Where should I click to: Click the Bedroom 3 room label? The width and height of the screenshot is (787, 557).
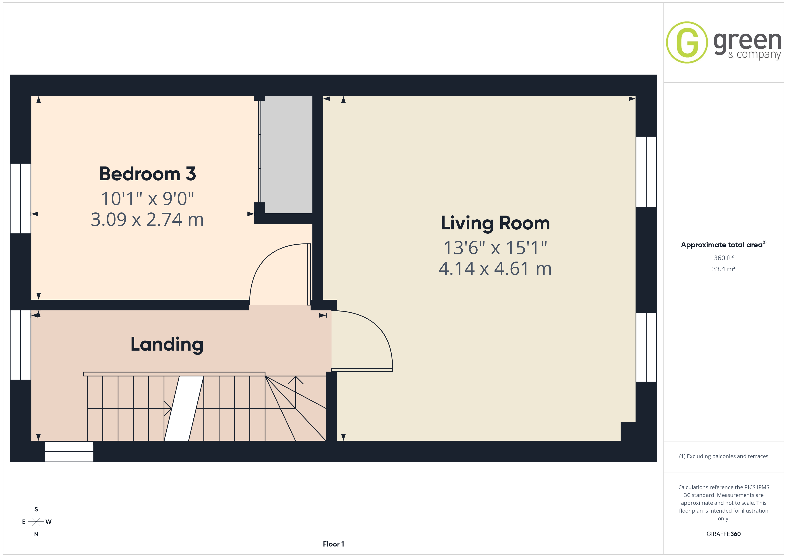pyautogui.click(x=147, y=174)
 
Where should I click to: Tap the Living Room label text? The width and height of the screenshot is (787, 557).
pyautogui.click(x=495, y=223)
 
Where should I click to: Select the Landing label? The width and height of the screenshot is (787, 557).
pyautogui.click(x=167, y=344)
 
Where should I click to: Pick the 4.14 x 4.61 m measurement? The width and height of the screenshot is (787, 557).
pyautogui.click(x=495, y=268)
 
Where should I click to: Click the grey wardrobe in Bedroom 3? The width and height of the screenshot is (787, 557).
pyautogui.click(x=287, y=155)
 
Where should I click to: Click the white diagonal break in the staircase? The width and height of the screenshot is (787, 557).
pyautogui.click(x=184, y=408)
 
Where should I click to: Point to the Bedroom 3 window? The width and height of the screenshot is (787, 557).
pyautogui.click(x=21, y=199)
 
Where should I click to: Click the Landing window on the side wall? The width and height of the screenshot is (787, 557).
pyautogui.click(x=21, y=345)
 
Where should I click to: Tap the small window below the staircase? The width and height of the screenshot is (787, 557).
pyautogui.click(x=69, y=451)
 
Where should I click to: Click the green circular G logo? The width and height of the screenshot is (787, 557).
pyautogui.click(x=687, y=43)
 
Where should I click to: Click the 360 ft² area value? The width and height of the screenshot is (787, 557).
pyautogui.click(x=724, y=258)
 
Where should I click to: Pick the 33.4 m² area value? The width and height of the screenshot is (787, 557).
pyautogui.click(x=724, y=269)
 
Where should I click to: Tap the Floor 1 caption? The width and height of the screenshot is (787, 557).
pyautogui.click(x=333, y=544)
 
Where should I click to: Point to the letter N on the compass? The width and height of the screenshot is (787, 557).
pyautogui.click(x=36, y=534)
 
